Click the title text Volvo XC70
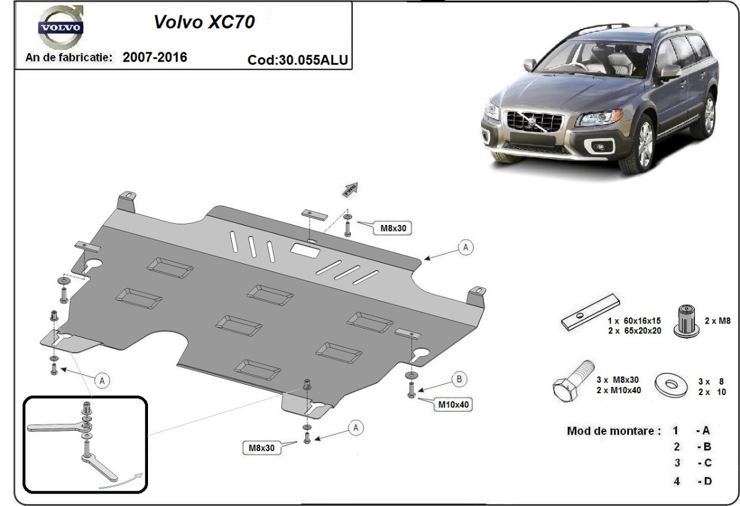click(x=203, y=23)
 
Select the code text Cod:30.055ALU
click(x=298, y=60)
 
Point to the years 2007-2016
click(x=155, y=57)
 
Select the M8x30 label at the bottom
click(x=261, y=449)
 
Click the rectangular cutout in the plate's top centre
click(x=305, y=250)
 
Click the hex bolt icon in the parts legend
click(x=572, y=384)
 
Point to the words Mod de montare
click(x=613, y=430)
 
